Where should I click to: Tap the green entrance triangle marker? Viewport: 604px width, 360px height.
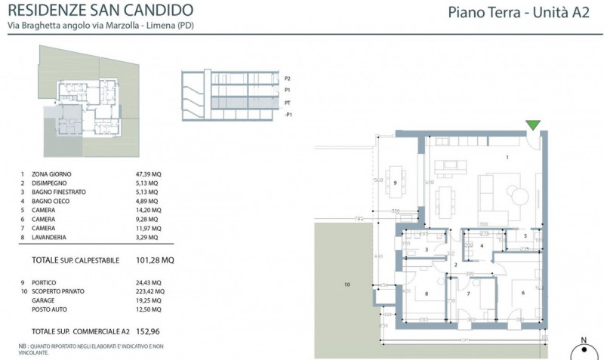(534, 125)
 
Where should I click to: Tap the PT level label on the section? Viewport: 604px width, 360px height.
(288, 101)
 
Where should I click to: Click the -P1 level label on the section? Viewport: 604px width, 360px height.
(288, 114)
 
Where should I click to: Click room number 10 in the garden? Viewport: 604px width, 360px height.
(347, 285)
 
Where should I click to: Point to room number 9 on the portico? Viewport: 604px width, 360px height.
(395, 183)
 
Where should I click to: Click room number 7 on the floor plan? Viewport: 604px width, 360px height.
(468, 294)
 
